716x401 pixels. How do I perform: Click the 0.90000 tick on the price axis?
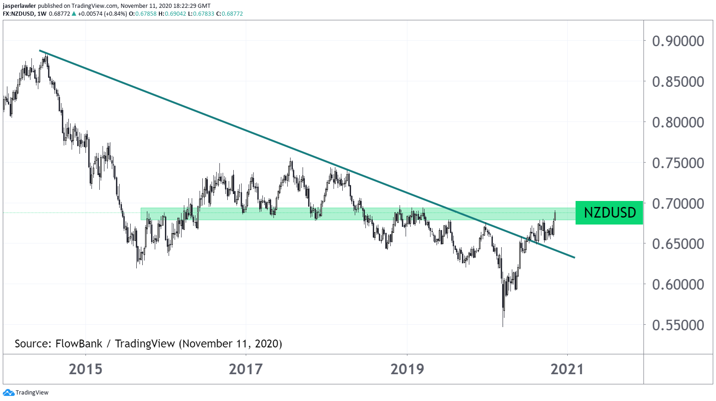678,41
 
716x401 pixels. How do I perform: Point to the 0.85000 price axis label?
678,82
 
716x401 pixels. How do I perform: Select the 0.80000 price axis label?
678,122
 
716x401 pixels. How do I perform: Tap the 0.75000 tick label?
678,163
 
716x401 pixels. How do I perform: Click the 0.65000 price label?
678,244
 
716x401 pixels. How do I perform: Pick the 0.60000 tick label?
678,285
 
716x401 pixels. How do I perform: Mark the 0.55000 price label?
678,325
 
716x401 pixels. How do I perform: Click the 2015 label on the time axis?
85,369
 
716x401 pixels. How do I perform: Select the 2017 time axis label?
246,369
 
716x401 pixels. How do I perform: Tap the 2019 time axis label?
407,369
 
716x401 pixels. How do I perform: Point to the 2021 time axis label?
567,369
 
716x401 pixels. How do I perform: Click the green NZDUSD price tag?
609,213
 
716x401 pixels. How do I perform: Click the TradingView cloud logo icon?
8,393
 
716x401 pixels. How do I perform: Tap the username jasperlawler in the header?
19,6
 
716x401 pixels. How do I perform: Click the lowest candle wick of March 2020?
503,325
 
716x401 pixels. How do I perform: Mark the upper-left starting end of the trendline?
40,50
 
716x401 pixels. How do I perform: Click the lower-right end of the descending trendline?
574,257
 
